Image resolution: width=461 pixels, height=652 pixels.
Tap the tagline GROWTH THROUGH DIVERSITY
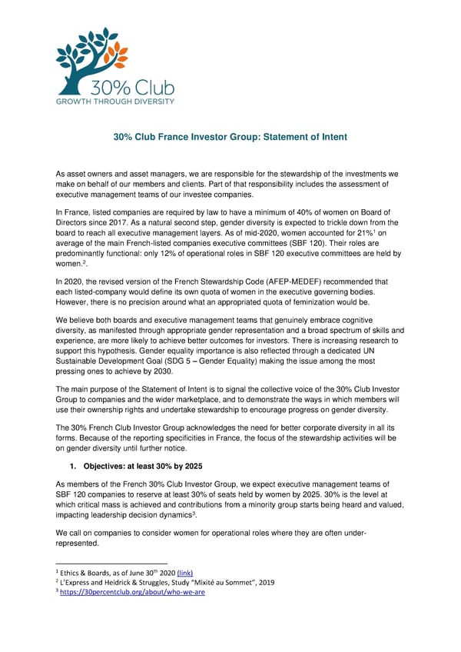(x=114, y=101)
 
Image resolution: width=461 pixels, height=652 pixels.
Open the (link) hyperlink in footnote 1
(x=184, y=572)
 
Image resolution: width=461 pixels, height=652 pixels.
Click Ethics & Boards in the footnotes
(x=91, y=572)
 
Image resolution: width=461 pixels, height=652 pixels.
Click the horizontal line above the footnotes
(x=111, y=563)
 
